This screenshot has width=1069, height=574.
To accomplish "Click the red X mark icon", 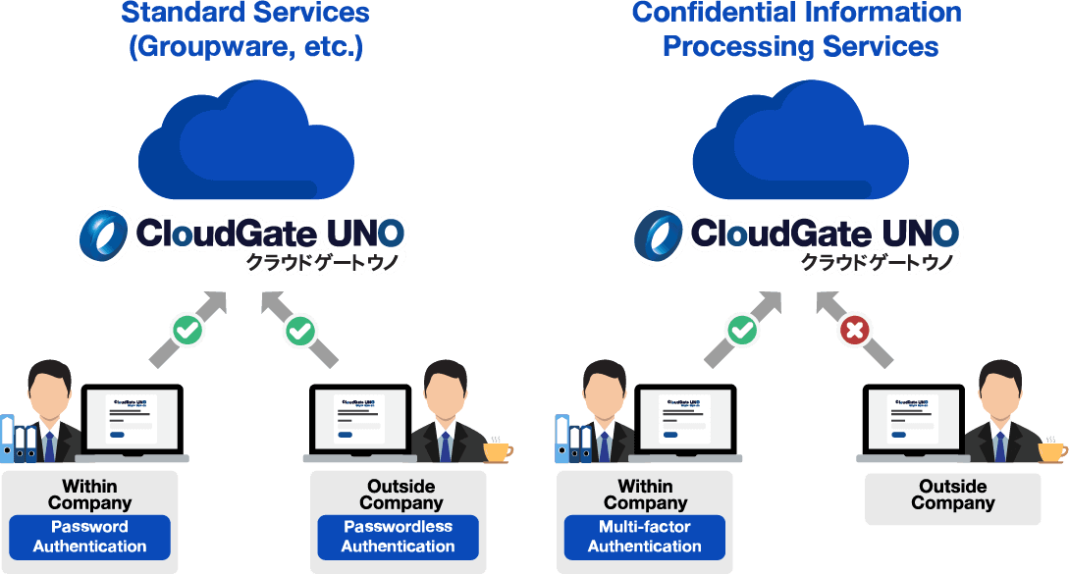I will [x=855, y=332].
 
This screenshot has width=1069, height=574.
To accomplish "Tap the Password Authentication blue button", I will [x=89, y=537].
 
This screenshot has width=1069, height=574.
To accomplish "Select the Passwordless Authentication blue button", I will [x=398, y=537].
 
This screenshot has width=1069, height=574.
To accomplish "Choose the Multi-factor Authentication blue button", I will [x=644, y=537].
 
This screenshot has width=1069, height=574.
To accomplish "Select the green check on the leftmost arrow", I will [x=187, y=331].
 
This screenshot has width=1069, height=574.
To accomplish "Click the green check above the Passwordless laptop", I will [x=299, y=332].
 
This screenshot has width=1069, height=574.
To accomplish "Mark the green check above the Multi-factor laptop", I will [x=742, y=331].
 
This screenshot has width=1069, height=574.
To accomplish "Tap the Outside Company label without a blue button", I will [x=952, y=495].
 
